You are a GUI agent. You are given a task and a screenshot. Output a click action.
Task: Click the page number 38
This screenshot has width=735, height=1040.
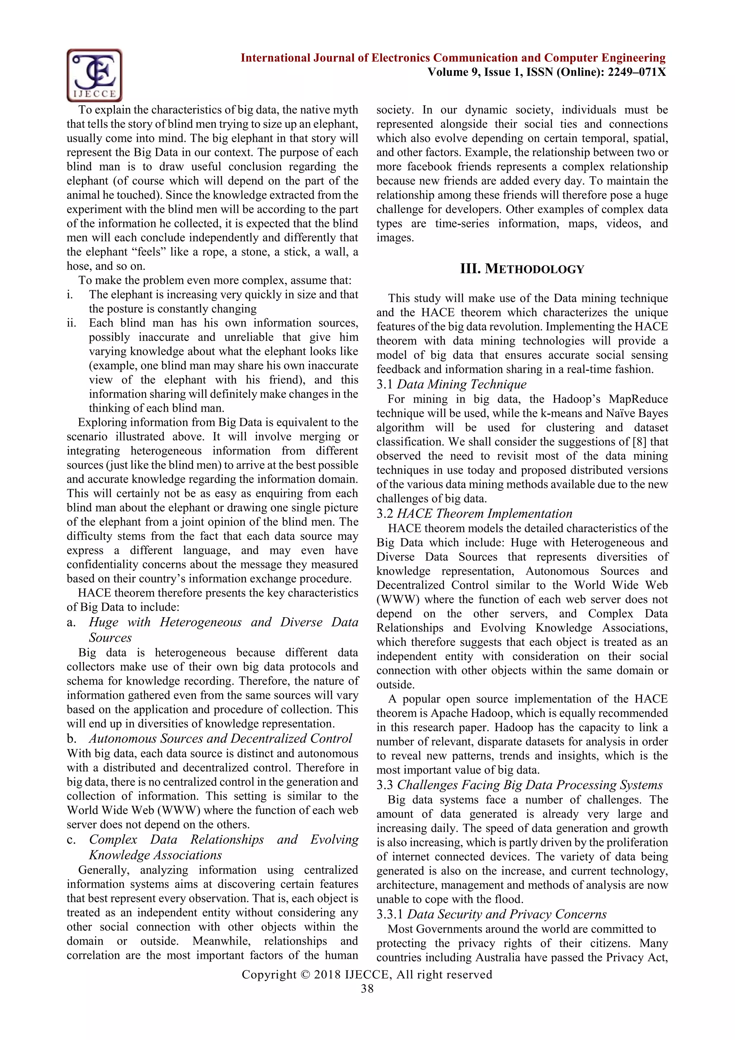tap(367, 989)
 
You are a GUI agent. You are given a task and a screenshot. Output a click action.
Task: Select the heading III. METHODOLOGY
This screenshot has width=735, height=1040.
tap(522, 269)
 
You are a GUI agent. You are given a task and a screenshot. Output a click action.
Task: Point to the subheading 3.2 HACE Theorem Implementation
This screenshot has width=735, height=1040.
tap(474, 514)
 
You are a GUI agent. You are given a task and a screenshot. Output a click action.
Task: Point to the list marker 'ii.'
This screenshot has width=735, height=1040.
tap(71, 323)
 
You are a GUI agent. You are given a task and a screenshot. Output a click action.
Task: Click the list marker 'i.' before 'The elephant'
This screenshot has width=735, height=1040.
tap(70, 295)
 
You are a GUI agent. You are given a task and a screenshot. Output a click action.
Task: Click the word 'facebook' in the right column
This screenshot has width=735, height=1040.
tap(430, 167)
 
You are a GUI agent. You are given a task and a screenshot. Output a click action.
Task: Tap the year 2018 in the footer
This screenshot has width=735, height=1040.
tap(327, 975)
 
